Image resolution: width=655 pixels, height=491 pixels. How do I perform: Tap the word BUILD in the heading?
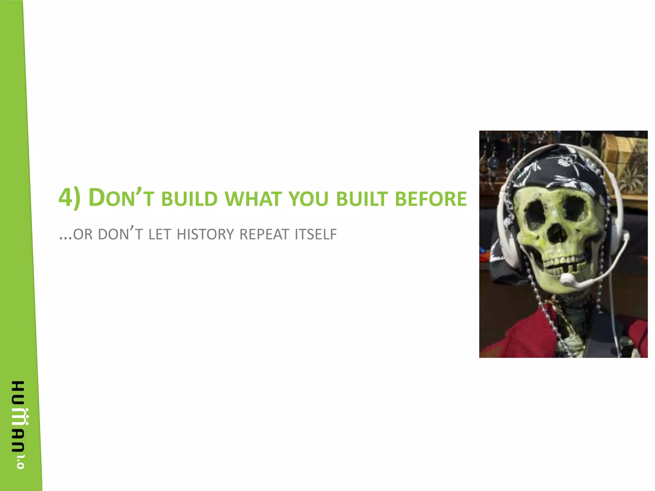click(189, 199)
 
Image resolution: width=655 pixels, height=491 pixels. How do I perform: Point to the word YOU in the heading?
click(309, 199)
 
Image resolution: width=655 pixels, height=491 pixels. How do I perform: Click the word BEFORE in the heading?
click(431, 199)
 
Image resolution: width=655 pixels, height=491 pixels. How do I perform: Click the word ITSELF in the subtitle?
click(316, 234)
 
